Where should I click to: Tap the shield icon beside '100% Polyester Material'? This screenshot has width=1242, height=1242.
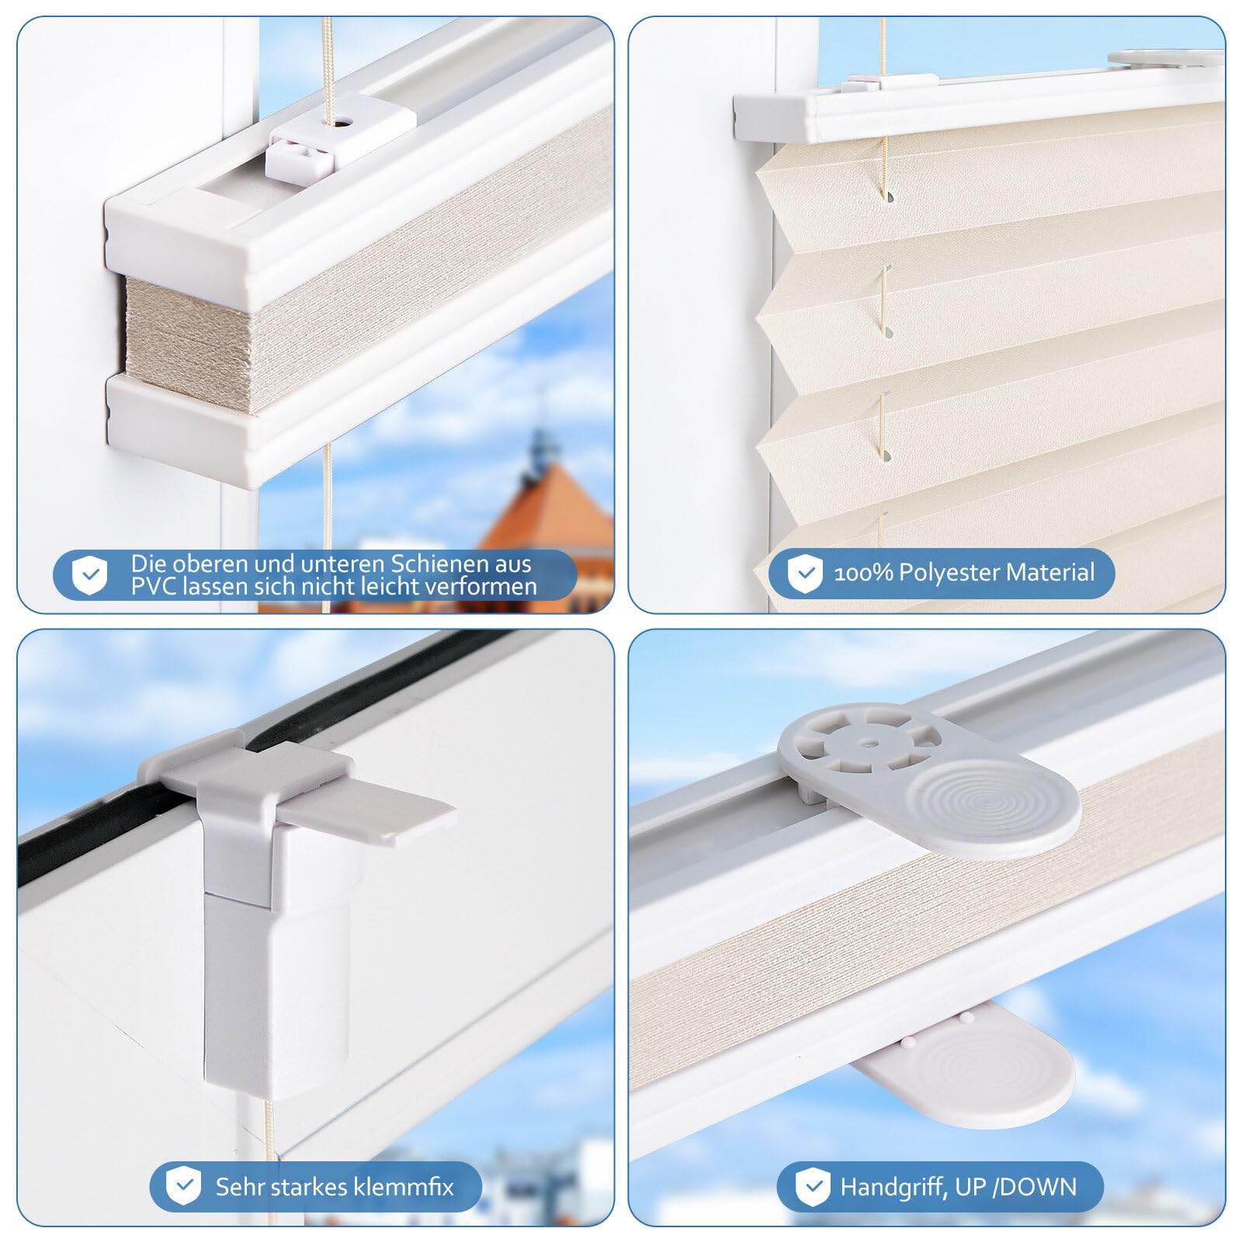(805, 574)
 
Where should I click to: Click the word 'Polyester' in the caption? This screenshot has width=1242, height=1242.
(949, 573)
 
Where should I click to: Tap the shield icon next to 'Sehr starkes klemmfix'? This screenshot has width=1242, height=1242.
(184, 1186)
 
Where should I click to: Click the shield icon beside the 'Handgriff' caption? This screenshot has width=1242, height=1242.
(813, 1188)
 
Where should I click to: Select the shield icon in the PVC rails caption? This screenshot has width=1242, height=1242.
(90, 575)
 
